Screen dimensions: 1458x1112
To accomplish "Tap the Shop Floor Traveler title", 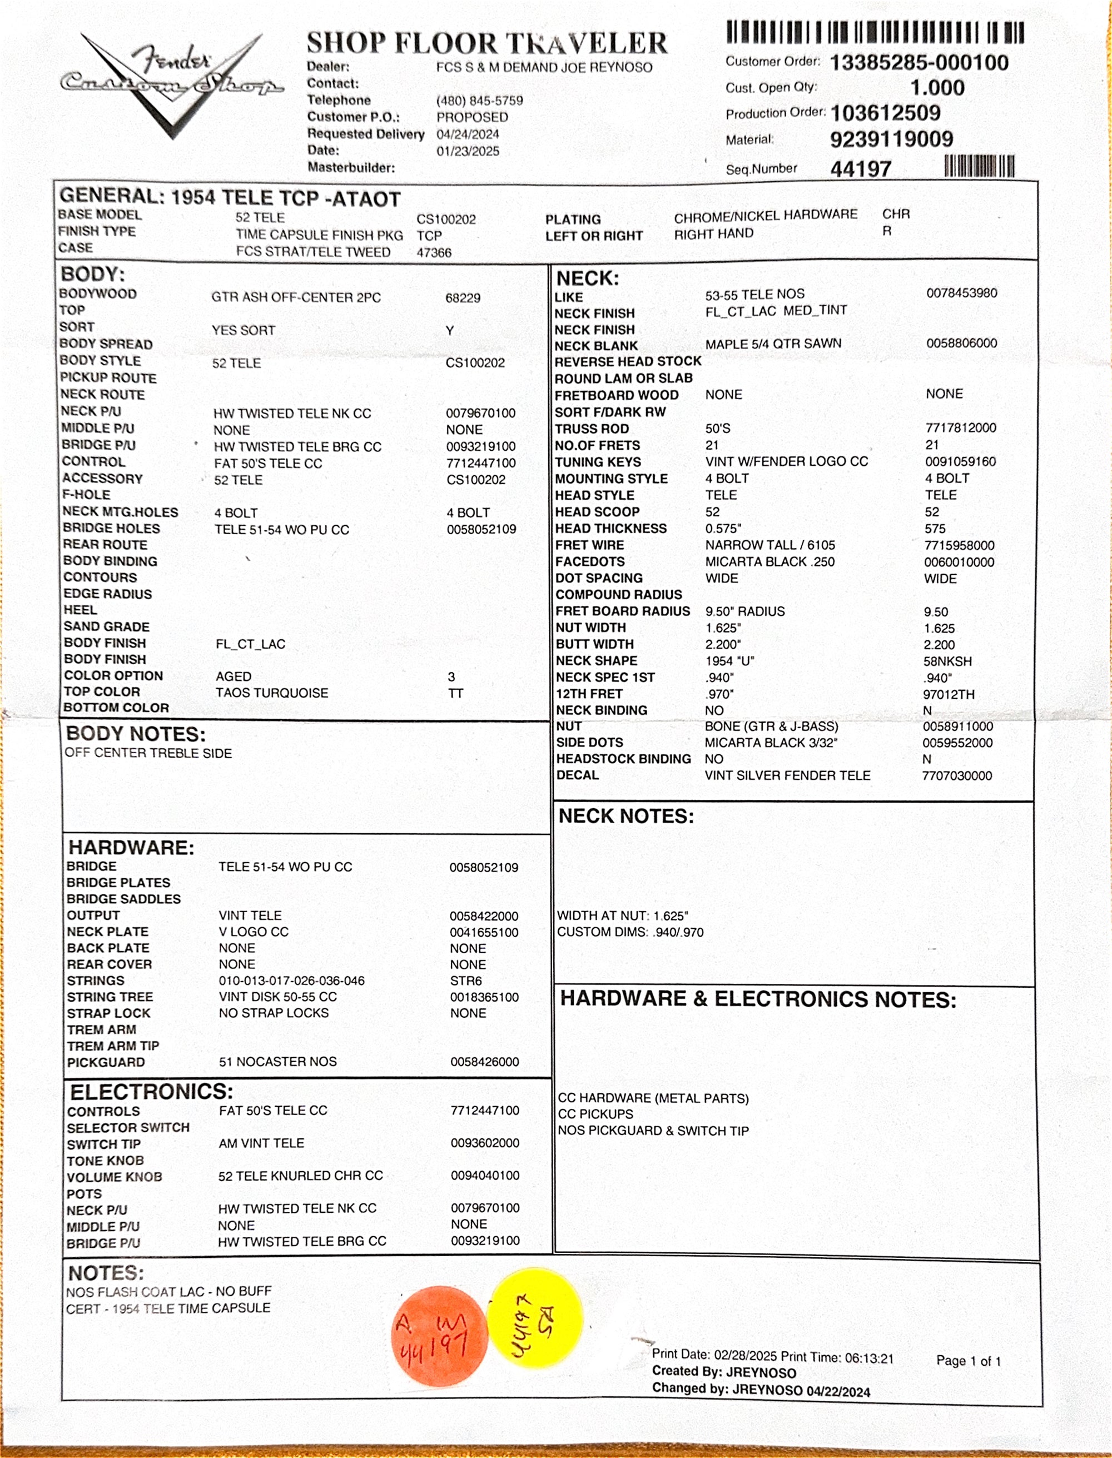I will (487, 44).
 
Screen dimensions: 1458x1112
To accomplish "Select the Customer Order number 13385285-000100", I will (919, 63).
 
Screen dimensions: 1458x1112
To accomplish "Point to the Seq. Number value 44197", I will (861, 170).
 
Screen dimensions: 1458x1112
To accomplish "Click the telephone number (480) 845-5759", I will (479, 101).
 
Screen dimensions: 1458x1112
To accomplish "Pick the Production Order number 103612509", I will (885, 113).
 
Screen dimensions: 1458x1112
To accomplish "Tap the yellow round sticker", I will (535, 1317).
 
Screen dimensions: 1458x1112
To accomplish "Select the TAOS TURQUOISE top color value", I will (271, 693).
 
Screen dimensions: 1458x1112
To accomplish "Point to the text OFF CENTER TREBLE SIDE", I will (148, 753).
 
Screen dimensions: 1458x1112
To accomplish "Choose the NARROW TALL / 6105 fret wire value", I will (770, 545).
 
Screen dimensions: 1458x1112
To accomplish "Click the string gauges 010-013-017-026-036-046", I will (291, 981).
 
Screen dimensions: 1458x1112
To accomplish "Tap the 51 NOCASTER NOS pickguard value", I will (277, 1062).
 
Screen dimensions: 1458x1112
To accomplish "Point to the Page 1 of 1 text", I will (967, 1361).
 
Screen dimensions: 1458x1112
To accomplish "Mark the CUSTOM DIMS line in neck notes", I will (630, 933).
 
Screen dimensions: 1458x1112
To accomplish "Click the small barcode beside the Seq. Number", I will (979, 166).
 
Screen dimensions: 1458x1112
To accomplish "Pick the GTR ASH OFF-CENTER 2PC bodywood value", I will (296, 298).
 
